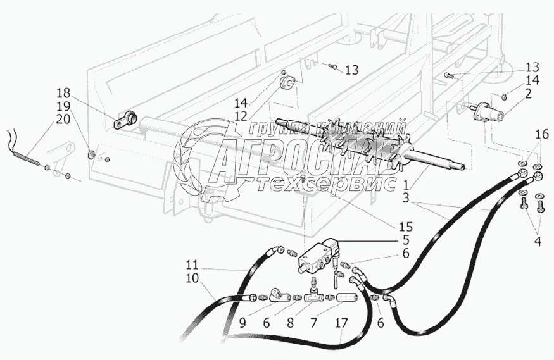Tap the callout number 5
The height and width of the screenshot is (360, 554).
coord(405,240)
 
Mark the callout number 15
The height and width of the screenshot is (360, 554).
coord(405,227)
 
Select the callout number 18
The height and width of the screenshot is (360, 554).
coord(80,93)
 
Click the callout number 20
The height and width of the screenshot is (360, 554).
coord(80,118)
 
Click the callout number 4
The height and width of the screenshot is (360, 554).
coord(538,240)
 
